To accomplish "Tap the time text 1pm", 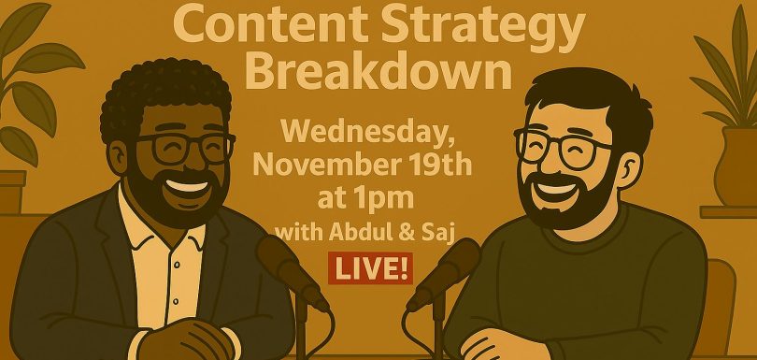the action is tap(389, 199).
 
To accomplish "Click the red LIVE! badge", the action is tap(370, 268).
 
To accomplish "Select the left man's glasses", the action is tap(186, 149).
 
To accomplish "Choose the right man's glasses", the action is tap(563, 148).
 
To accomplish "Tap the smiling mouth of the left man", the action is tap(186, 186).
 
